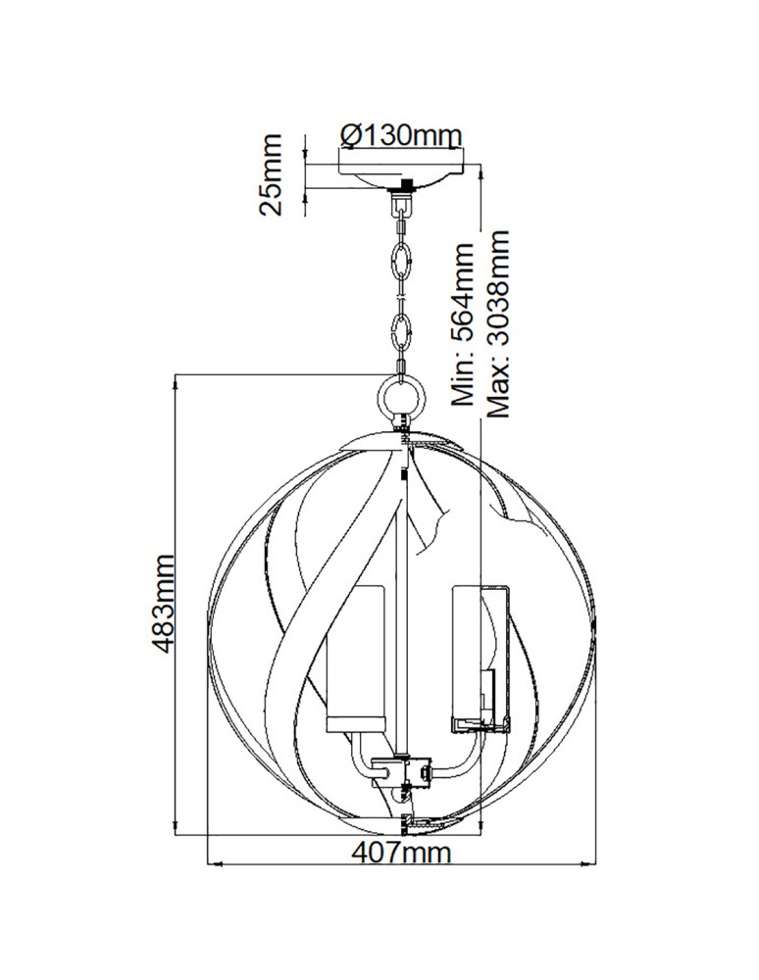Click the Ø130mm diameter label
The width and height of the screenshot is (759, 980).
[x=398, y=134]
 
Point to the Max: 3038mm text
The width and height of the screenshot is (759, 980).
[x=499, y=324]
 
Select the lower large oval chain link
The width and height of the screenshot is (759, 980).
[x=401, y=332]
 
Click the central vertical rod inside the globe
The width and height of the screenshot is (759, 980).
[x=402, y=608]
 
